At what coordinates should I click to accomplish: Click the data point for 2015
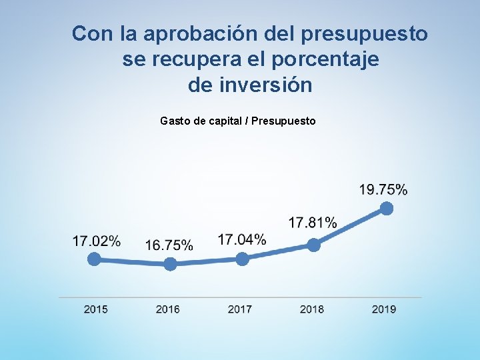pos(95,259)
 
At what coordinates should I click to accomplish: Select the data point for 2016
pos(170,264)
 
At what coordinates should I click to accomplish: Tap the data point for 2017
pos(242,259)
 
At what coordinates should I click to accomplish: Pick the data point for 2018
pos(313,245)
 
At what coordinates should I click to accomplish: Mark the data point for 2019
pos(386,209)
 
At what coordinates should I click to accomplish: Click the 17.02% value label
pos(97,241)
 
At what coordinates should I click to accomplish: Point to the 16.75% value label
pos(169,245)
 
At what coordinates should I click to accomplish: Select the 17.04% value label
pos(242,239)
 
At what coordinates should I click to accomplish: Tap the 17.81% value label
pos(313,222)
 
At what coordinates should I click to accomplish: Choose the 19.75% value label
pos(383,189)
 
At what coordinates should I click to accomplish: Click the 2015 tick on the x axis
pos(96,309)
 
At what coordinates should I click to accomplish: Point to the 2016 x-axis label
pos(168,309)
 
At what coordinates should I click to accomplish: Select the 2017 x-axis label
pos(240,309)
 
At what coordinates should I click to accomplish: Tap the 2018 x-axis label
pos(312,309)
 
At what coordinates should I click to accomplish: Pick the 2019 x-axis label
pos(384,309)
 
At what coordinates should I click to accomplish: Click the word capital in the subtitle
pos(225,121)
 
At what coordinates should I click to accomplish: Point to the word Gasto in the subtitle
pos(175,121)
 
